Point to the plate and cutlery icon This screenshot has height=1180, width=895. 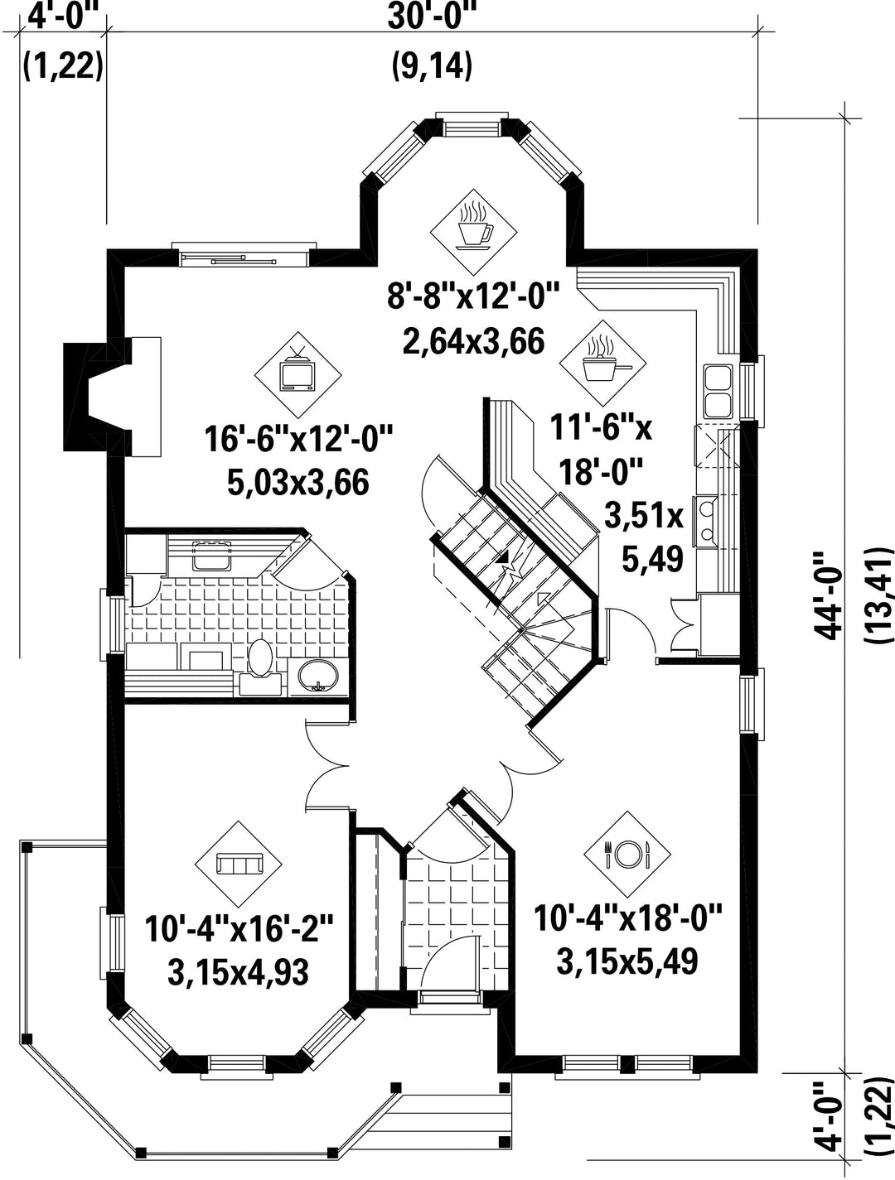pyautogui.click(x=627, y=854)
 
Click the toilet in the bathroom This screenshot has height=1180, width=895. pyautogui.click(x=260, y=664)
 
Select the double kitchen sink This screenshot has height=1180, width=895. pyautogui.click(x=718, y=392)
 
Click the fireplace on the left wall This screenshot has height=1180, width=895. pyautogui.click(x=112, y=397)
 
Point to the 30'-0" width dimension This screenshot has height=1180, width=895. pyautogui.click(x=433, y=16)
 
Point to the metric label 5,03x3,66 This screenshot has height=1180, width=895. pyautogui.click(x=298, y=482)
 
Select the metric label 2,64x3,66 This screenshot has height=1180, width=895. pyautogui.click(x=474, y=341)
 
